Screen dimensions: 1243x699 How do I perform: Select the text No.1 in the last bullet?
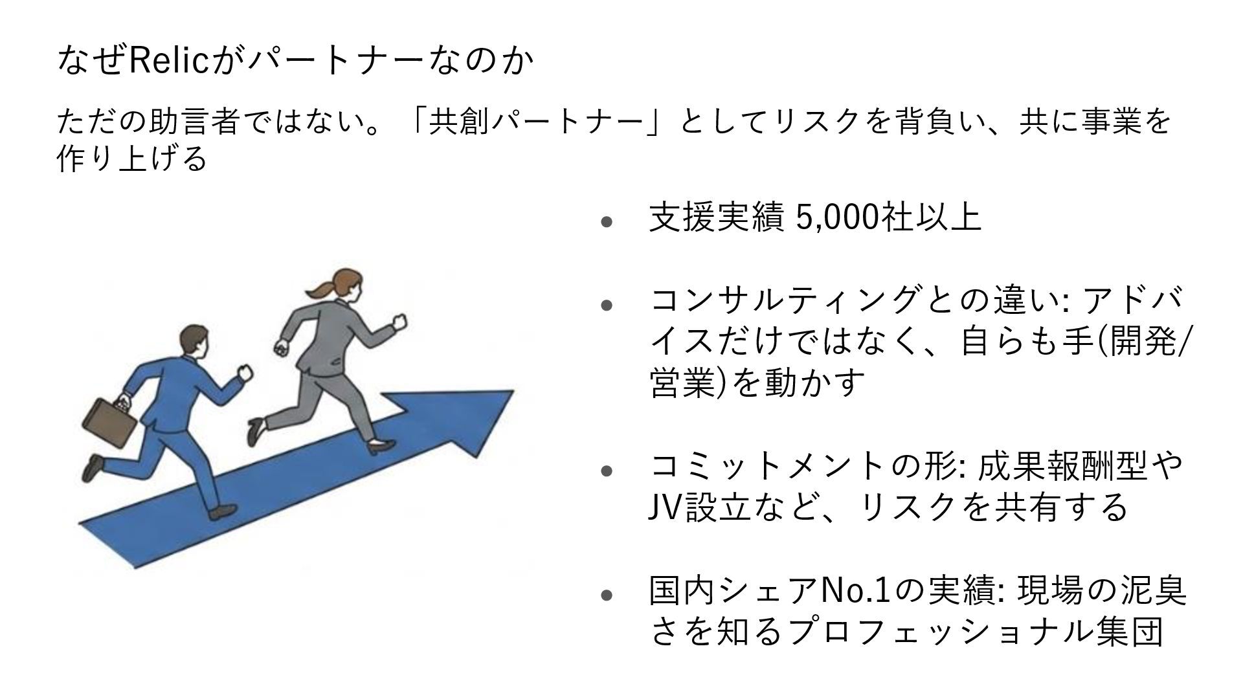click(x=855, y=590)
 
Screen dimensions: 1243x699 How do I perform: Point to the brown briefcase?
click(x=109, y=421)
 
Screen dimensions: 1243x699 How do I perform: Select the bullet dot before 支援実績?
click(x=607, y=221)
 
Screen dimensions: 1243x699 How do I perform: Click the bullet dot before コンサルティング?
click(x=607, y=304)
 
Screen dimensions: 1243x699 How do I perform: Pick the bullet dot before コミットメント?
click(x=607, y=470)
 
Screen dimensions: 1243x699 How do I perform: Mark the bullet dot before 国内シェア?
click(x=607, y=594)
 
